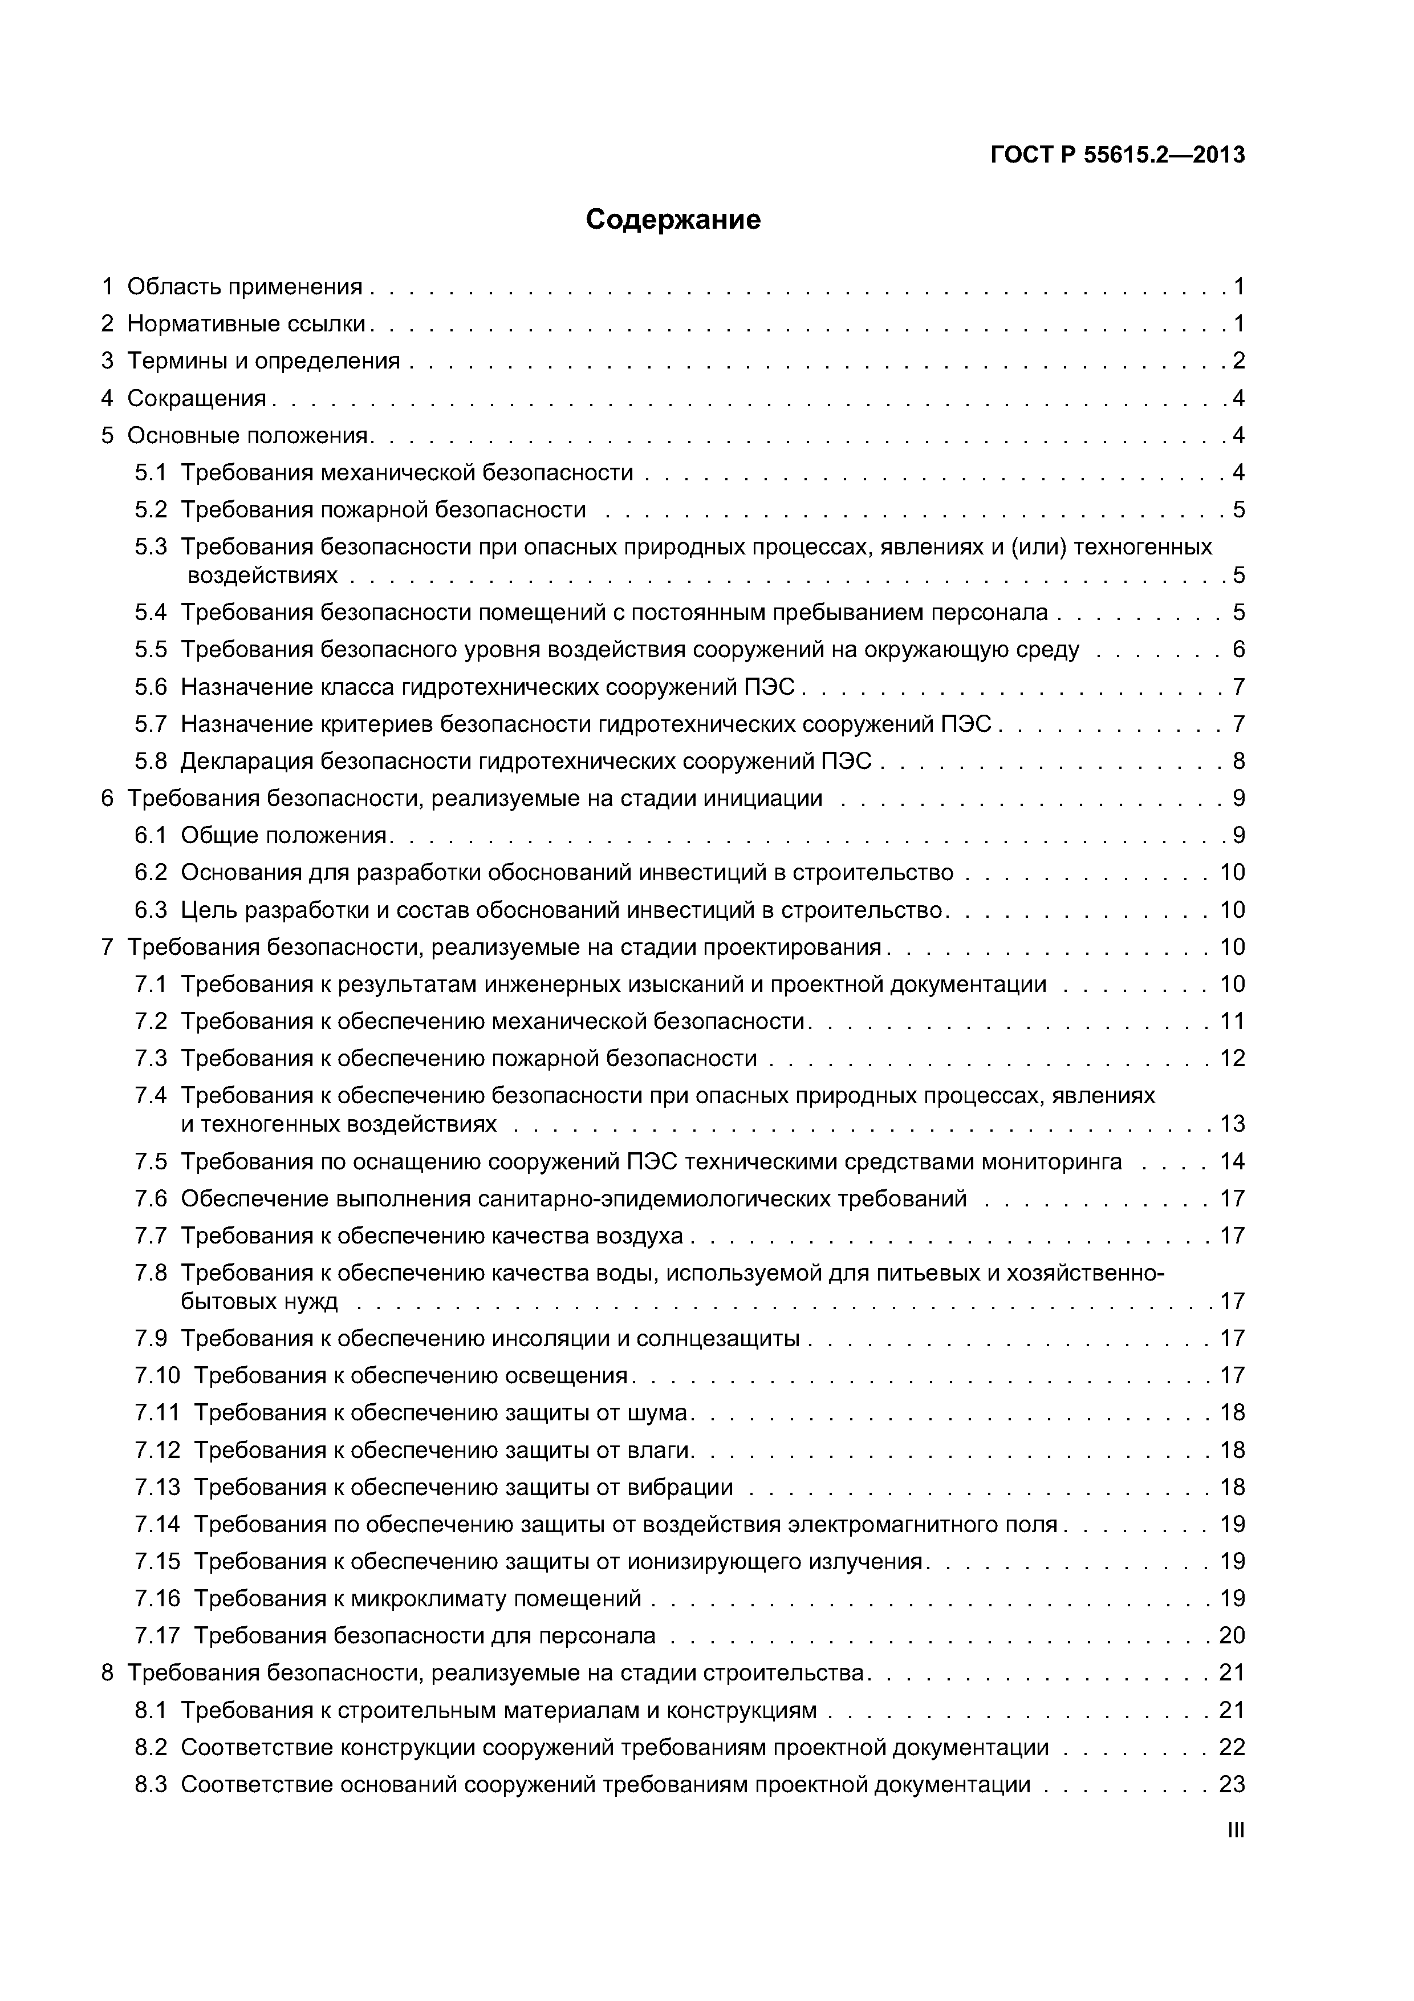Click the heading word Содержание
[x=673, y=220]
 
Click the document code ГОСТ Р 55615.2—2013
[x=1118, y=155]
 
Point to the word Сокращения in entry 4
[x=197, y=398]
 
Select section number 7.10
[x=157, y=1375]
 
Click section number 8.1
[x=150, y=1710]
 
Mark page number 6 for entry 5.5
[x=1238, y=649]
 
